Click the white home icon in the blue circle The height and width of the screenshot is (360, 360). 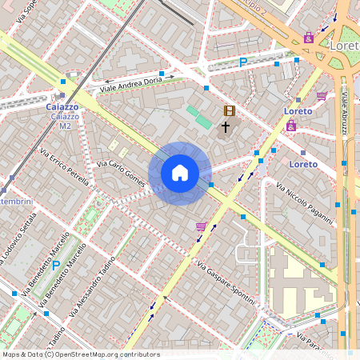tap(180, 173)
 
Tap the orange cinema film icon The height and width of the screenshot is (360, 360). tap(230, 111)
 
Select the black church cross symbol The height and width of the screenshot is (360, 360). tap(226, 126)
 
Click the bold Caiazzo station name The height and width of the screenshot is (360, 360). tap(62, 106)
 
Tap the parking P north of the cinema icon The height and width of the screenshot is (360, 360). tap(243, 62)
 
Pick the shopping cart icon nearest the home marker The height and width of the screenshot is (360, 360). tap(200, 226)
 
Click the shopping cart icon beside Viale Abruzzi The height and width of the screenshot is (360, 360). tap(322, 95)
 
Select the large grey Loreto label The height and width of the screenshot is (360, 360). tap(343, 46)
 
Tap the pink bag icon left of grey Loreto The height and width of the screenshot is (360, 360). tap(309, 37)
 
